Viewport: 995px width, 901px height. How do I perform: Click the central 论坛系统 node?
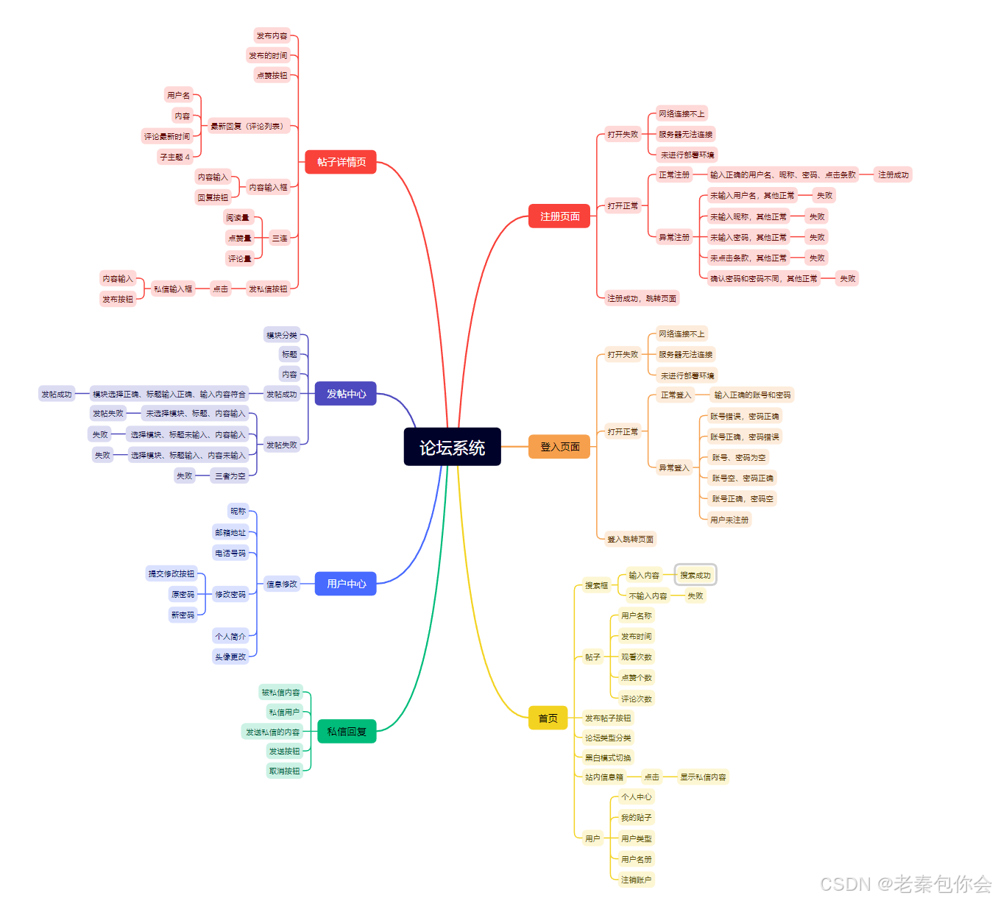pyautogui.click(x=452, y=447)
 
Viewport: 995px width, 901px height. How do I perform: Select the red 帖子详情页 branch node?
pyautogui.click(x=341, y=162)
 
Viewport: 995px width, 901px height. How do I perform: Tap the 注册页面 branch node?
pyautogui.click(x=559, y=216)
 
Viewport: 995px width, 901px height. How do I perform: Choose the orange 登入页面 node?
pyautogui.click(x=559, y=447)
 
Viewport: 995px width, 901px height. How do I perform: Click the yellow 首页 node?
pyautogui.click(x=548, y=718)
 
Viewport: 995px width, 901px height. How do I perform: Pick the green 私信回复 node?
pyautogui.click(x=346, y=731)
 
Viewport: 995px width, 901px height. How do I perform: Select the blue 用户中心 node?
pyautogui.click(x=346, y=584)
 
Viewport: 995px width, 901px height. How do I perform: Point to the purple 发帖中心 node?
pyautogui.click(x=346, y=394)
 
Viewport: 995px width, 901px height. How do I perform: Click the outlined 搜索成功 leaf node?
pyautogui.click(x=695, y=575)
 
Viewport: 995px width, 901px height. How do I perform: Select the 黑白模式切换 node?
pyautogui.click(x=608, y=757)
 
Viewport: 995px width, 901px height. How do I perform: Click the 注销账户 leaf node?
pyautogui.click(x=636, y=880)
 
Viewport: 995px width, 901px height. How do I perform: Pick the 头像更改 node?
pyautogui.click(x=230, y=657)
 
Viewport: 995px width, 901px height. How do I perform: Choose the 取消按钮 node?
pyautogui.click(x=284, y=771)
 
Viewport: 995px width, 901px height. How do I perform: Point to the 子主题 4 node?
pyautogui.click(x=175, y=157)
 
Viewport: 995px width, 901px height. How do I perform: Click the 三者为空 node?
pyautogui.click(x=230, y=476)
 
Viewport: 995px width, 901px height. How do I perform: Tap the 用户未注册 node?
pyautogui.click(x=729, y=520)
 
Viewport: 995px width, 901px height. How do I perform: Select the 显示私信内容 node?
pyautogui.click(x=703, y=777)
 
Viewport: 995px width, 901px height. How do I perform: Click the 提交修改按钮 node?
pyautogui.click(x=171, y=573)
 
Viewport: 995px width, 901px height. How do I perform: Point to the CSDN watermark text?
pyautogui.click(x=905, y=884)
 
